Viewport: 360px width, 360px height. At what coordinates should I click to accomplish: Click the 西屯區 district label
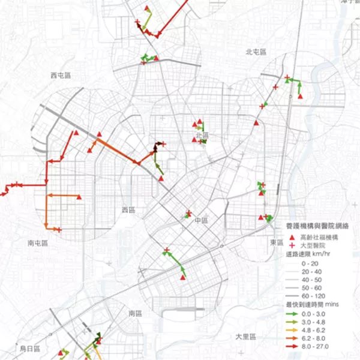pyautogui.click(x=61, y=75)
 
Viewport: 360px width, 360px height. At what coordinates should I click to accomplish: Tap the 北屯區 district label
pyautogui.click(x=256, y=52)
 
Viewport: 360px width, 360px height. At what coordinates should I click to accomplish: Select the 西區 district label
pyautogui.click(x=129, y=210)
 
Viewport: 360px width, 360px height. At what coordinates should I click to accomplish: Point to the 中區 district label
pyautogui.click(x=200, y=221)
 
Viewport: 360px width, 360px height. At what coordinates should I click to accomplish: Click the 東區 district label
pyautogui.click(x=277, y=241)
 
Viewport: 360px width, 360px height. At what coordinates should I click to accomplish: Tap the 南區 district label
pyautogui.click(x=135, y=314)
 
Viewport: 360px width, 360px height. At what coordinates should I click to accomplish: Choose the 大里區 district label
pyautogui.click(x=246, y=337)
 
